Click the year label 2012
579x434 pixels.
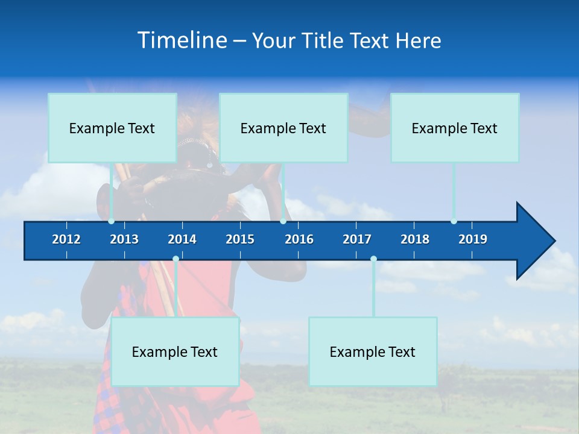click(x=66, y=239)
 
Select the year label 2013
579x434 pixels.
click(x=124, y=239)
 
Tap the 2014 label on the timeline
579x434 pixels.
click(x=182, y=239)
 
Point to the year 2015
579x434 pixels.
click(x=240, y=239)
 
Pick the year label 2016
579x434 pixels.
click(x=299, y=239)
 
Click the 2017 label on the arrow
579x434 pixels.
click(x=357, y=239)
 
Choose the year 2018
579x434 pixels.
click(x=415, y=239)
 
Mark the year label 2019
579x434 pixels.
click(x=473, y=239)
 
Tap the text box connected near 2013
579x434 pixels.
click(x=112, y=128)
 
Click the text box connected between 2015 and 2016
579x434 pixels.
click(x=283, y=128)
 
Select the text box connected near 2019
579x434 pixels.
click(x=455, y=128)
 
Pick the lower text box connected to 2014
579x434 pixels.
click(x=175, y=351)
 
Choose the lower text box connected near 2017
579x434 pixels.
click(x=373, y=351)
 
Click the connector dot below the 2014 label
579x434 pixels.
click(x=176, y=259)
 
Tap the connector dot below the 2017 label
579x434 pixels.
click(x=373, y=259)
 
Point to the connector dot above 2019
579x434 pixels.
click(x=454, y=221)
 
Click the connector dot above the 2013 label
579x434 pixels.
click(x=111, y=221)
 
